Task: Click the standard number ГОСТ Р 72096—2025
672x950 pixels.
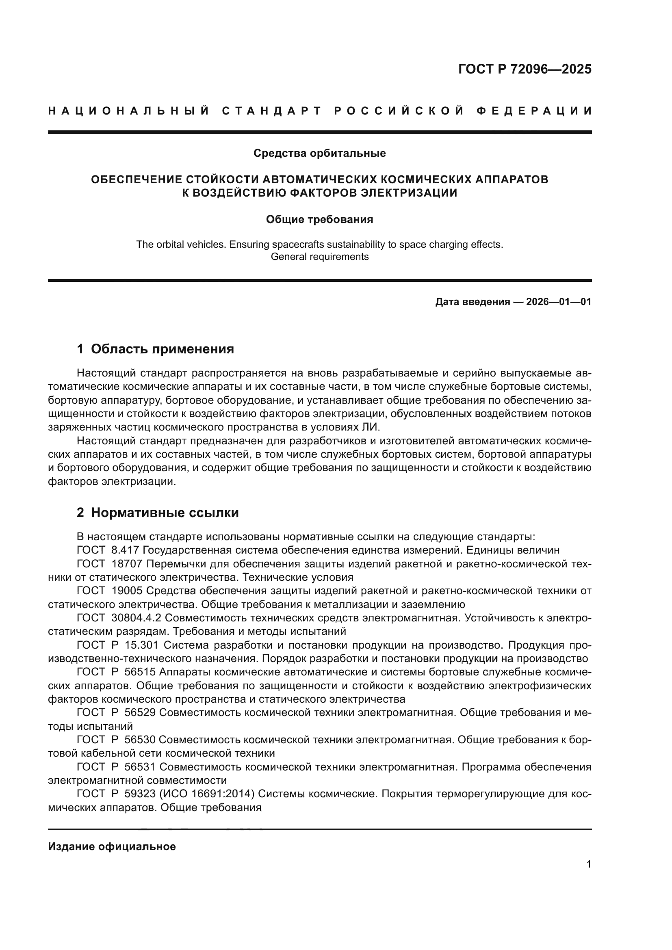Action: pyautogui.click(x=525, y=69)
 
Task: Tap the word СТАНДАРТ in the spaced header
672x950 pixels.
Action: pyautogui.click(x=272, y=111)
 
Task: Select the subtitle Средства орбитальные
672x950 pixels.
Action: pyautogui.click(x=319, y=153)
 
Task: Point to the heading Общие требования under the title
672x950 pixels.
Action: pyautogui.click(x=319, y=219)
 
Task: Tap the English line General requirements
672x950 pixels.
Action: pyautogui.click(x=319, y=257)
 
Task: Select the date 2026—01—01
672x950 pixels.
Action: pyautogui.click(x=559, y=302)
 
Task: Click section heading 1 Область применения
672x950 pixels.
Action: pyautogui.click(x=156, y=349)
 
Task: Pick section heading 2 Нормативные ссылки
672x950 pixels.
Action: pyautogui.click(x=158, y=513)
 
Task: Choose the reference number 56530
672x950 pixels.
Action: pyautogui.click(x=139, y=739)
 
